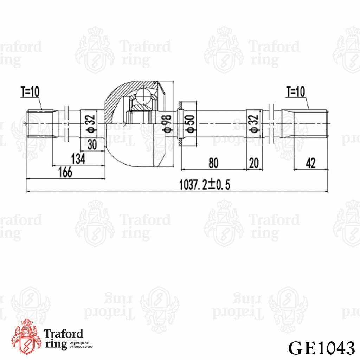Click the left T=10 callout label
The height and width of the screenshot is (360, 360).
[x=30, y=92]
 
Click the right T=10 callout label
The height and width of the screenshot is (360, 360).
[x=295, y=92]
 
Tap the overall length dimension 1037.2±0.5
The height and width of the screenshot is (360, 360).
[x=205, y=184]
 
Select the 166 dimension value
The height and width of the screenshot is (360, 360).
[x=65, y=172]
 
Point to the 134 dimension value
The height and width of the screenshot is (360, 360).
[x=78, y=159]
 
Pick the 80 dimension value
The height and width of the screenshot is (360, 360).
[x=213, y=163]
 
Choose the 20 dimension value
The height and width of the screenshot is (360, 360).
[x=254, y=163]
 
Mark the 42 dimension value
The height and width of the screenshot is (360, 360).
[x=310, y=163]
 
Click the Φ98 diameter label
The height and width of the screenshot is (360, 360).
[x=168, y=124]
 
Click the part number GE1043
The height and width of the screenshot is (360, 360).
[x=321, y=348]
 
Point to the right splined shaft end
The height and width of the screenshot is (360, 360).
[x=309, y=124]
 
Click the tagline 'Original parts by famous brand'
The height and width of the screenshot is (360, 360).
[x=81, y=345]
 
